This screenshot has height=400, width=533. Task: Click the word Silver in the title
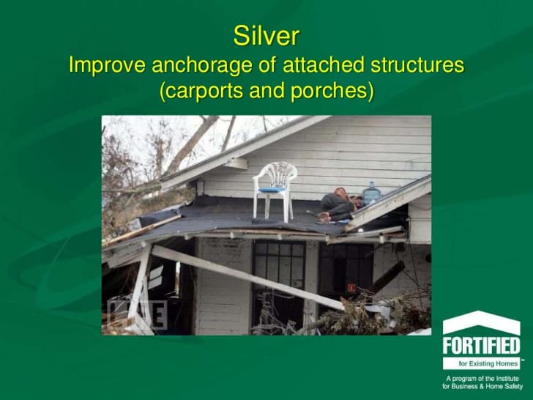(x=266, y=36)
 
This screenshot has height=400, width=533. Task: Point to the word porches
(x=328, y=91)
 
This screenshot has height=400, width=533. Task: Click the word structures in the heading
(x=417, y=64)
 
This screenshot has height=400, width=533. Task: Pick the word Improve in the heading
(x=107, y=65)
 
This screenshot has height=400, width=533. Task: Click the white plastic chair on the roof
(x=275, y=191)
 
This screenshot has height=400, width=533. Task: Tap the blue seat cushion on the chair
(x=272, y=189)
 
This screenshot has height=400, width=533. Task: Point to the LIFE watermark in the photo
(x=137, y=315)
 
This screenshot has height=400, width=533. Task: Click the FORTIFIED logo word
(x=481, y=346)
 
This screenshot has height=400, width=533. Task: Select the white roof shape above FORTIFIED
(x=481, y=322)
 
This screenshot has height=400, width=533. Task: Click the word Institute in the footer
(x=507, y=379)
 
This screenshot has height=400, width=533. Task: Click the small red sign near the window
(x=351, y=288)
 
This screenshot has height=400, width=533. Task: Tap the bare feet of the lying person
(x=324, y=217)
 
